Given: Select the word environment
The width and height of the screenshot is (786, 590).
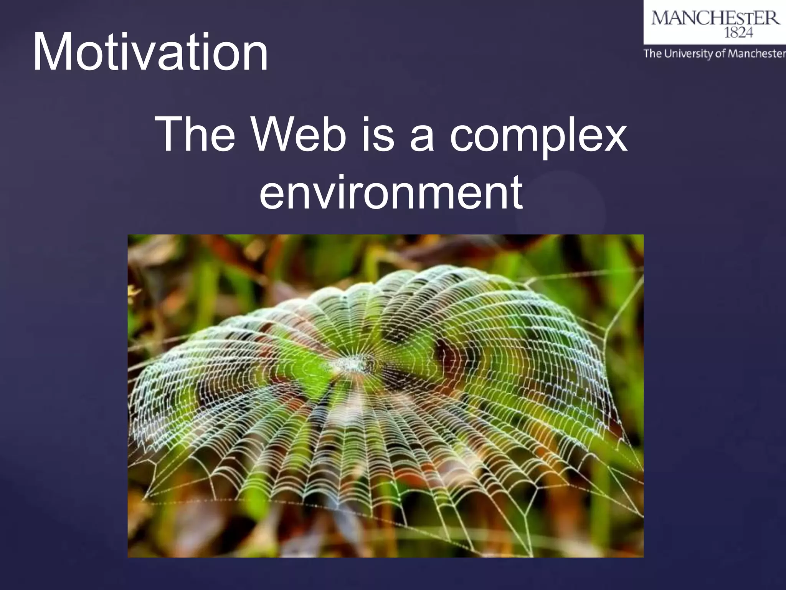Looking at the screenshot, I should coord(391,192).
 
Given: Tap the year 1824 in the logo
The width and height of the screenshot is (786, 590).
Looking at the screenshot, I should coord(738,33).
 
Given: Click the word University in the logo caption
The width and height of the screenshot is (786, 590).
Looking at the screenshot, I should coord(688,53).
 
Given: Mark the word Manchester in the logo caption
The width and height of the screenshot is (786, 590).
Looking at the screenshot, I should coord(756,53).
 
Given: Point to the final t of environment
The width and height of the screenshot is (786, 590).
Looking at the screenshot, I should coord(516,192).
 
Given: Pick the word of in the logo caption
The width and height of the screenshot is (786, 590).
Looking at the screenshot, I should coord(720,53).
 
